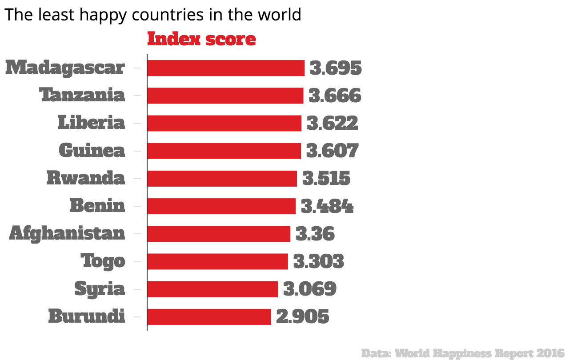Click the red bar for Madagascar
pyautogui.click(x=225, y=68)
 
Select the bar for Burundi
pyautogui.click(x=209, y=317)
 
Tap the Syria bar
pyautogui.click(x=212, y=289)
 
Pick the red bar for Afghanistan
pyautogui.click(x=218, y=234)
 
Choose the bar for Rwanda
pyautogui.click(x=222, y=179)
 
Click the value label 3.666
pyautogui.click(x=335, y=96)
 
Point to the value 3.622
pyautogui.click(x=332, y=124)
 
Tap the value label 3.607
pyautogui.click(x=332, y=151)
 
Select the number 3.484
pyautogui.click(x=327, y=206)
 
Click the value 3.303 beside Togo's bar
pyautogui.click(x=318, y=262)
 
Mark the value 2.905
pyautogui.click(x=302, y=317)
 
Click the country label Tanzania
pyautogui.click(x=82, y=96)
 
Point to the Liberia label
pyautogui.click(x=91, y=123)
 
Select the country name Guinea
pyautogui.click(x=92, y=151)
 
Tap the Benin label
pyautogui.click(x=97, y=206)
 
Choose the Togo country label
pyautogui.click(x=103, y=261)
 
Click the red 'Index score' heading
pyautogui.click(x=201, y=39)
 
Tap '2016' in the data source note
pyautogui.click(x=550, y=353)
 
